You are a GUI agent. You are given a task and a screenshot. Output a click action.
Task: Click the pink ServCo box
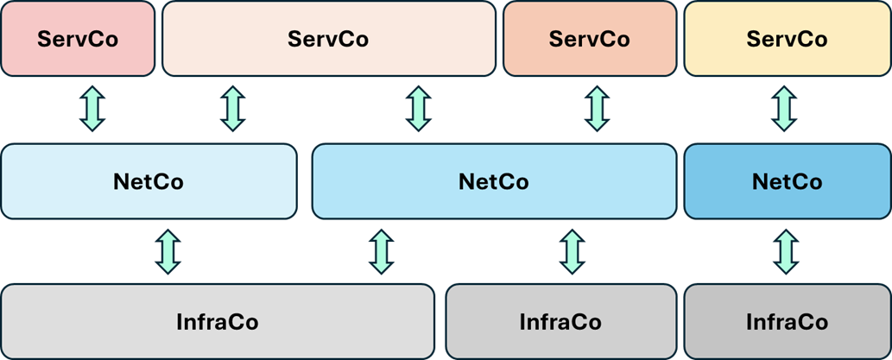78,39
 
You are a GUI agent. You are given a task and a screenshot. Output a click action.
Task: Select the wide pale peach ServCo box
328,39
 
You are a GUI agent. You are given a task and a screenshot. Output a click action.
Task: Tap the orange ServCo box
589,39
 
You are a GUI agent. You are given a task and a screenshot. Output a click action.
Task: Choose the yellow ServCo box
787,39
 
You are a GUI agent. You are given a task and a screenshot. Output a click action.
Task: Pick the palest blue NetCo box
149,181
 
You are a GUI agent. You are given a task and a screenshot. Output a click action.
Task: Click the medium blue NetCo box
493,181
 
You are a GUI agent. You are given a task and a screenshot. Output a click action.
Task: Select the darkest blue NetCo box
787,181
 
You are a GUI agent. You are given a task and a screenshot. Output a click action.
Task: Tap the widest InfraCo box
217,322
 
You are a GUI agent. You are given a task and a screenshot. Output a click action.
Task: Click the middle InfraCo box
560,322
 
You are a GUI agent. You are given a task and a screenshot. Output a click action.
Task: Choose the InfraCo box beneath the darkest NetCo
787,322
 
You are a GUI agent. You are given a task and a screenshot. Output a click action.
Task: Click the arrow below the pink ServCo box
92,109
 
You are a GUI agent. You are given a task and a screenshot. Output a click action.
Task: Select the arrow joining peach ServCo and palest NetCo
232,109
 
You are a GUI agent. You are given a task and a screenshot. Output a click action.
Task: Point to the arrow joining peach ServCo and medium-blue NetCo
419,109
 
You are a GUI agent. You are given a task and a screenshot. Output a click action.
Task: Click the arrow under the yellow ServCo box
784,109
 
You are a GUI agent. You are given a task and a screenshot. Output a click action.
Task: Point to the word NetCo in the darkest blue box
787,182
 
